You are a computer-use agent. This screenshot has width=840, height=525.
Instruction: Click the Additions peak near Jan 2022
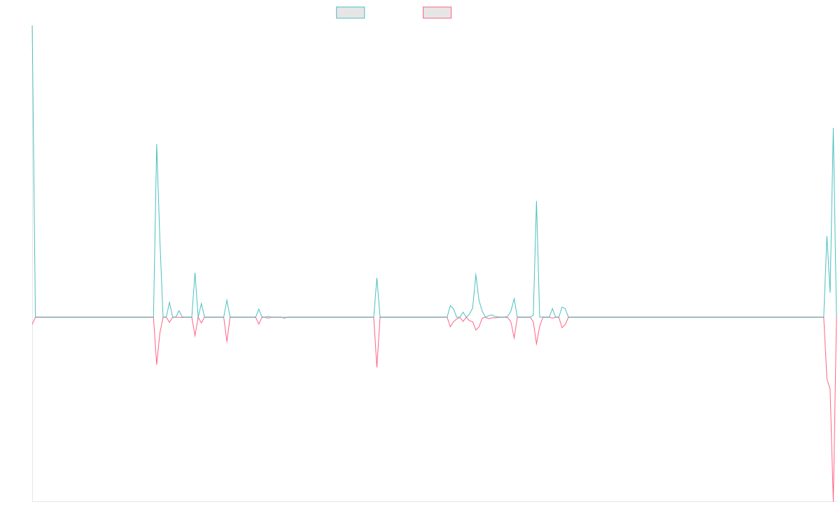(x=157, y=144)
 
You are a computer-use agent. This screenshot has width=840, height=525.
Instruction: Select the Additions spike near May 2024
(x=536, y=202)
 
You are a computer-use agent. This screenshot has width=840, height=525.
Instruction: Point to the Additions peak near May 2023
(x=377, y=278)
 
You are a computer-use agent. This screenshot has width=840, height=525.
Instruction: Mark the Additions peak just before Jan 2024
(x=476, y=273)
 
